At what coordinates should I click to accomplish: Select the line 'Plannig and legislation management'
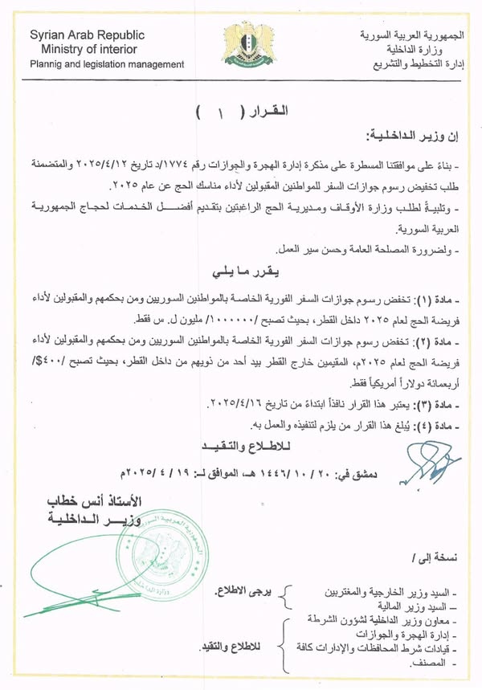[x=107, y=63]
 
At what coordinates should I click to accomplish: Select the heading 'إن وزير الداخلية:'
[x=416, y=137]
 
